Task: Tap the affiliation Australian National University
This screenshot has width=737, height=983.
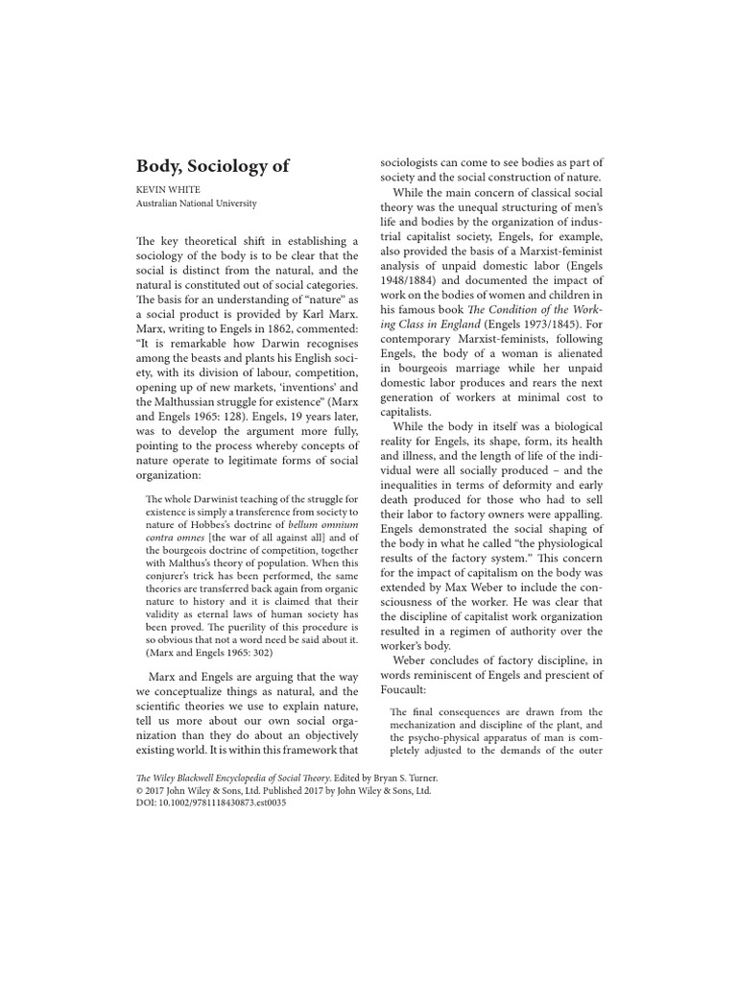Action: pyautogui.click(x=195, y=204)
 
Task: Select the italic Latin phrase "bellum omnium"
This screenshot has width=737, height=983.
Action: pyautogui.click(x=320, y=547)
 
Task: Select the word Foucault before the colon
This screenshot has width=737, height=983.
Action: pyautogui.click(x=410, y=689)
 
